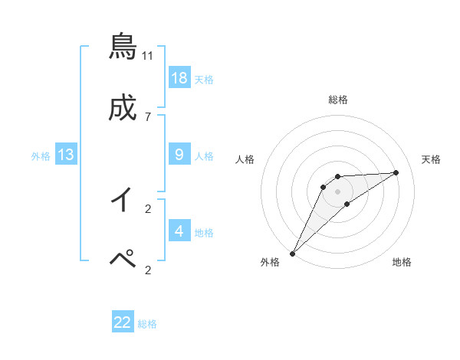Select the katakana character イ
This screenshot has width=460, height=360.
click(x=123, y=200)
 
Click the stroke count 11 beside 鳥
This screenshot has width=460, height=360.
click(x=148, y=55)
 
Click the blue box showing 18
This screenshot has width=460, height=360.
click(x=179, y=77)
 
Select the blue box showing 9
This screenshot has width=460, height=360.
click(x=179, y=154)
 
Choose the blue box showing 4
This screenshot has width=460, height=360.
click(x=179, y=231)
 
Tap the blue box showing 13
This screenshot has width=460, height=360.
click(x=66, y=155)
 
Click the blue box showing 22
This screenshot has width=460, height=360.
click(x=123, y=322)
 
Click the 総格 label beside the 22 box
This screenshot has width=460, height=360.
click(x=147, y=324)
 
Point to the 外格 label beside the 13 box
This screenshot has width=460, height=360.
click(x=41, y=155)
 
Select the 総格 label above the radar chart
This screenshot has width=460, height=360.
click(x=338, y=100)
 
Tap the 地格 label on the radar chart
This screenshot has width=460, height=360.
click(x=402, y=263)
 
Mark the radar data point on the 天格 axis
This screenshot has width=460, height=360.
click(x=396, y=172)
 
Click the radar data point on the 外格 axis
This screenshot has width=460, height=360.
click(x=292, y=253)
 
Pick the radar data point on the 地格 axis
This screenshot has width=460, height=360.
click(x=347, y=204)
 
